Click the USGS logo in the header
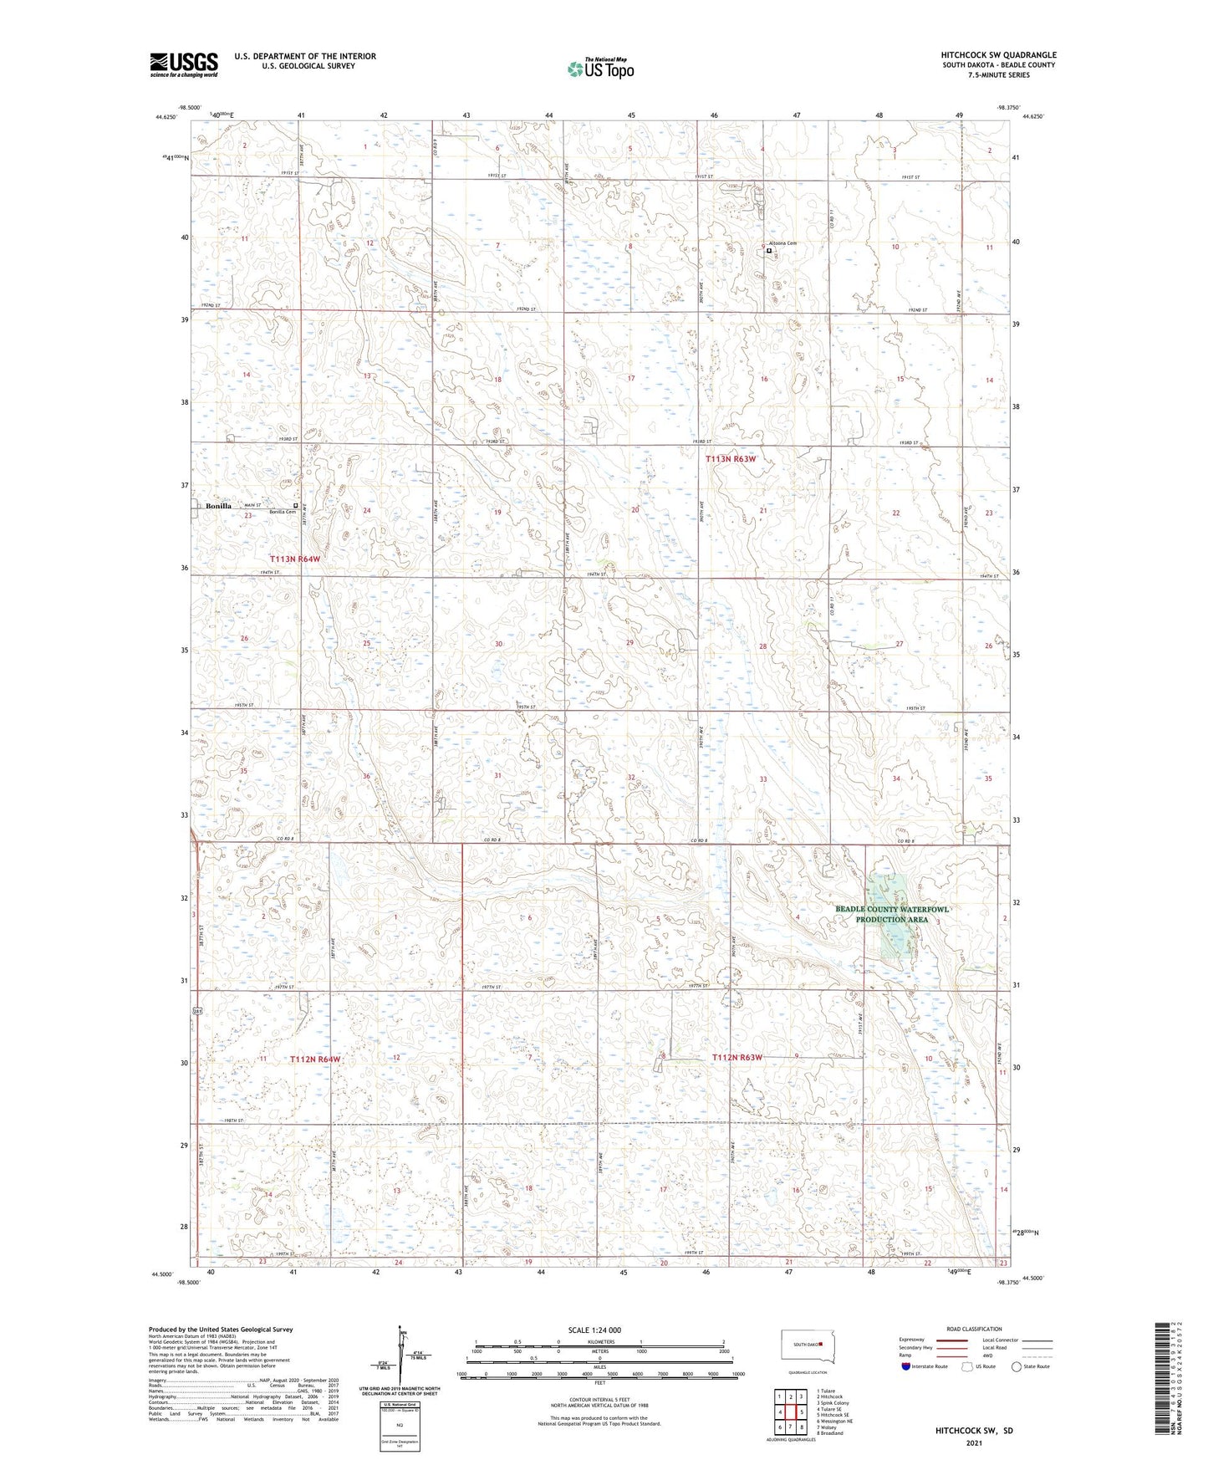click(184, 64)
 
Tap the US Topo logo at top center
click(599, 69)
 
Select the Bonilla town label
click(215, 506)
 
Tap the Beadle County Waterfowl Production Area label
click(892, 914)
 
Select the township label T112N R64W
click(315, 1059)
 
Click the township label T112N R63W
click(737, 1058)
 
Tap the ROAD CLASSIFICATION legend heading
click(974, 1330)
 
